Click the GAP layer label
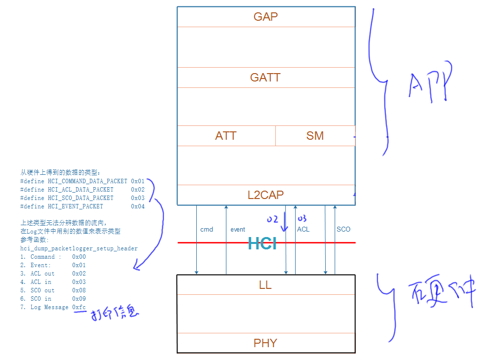pos(265,17)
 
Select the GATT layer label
pos(265,78)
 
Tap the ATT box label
pos(226,136)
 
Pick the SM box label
pos(315,136)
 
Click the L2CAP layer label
pos(265,195)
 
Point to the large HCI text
pos(262,243)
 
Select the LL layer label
pos(265,285)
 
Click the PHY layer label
pos(265,343)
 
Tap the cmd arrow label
pos(207,230)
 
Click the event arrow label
pos(238,230)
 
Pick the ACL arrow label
pos(303,230)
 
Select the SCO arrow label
pos(343,230)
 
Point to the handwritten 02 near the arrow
pos(272,219)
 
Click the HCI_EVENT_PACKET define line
pos(82,206)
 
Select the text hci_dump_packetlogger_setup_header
pos(79,248)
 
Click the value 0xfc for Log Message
pos(79,307)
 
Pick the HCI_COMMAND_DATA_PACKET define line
pos(82,181)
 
